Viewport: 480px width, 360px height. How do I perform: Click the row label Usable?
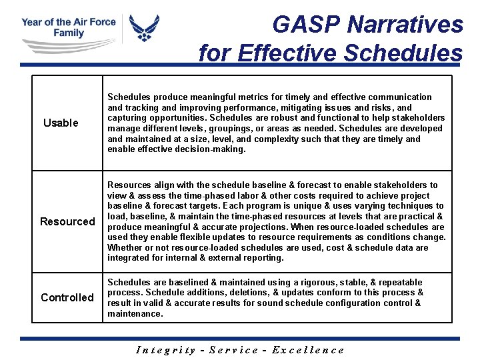tap(61, 123)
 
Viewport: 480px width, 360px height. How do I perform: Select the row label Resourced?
tap(67, 221)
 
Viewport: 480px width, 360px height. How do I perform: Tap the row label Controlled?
tap(67, 297)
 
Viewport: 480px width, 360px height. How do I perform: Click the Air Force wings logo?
tap(144, 28)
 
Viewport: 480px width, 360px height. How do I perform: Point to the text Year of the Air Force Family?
tap(69, 27)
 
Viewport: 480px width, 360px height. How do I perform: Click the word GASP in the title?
tap(307, 25)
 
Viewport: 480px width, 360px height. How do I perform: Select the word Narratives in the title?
tap(405, 25)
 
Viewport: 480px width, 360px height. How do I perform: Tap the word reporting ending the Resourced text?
tap(263, 258)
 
